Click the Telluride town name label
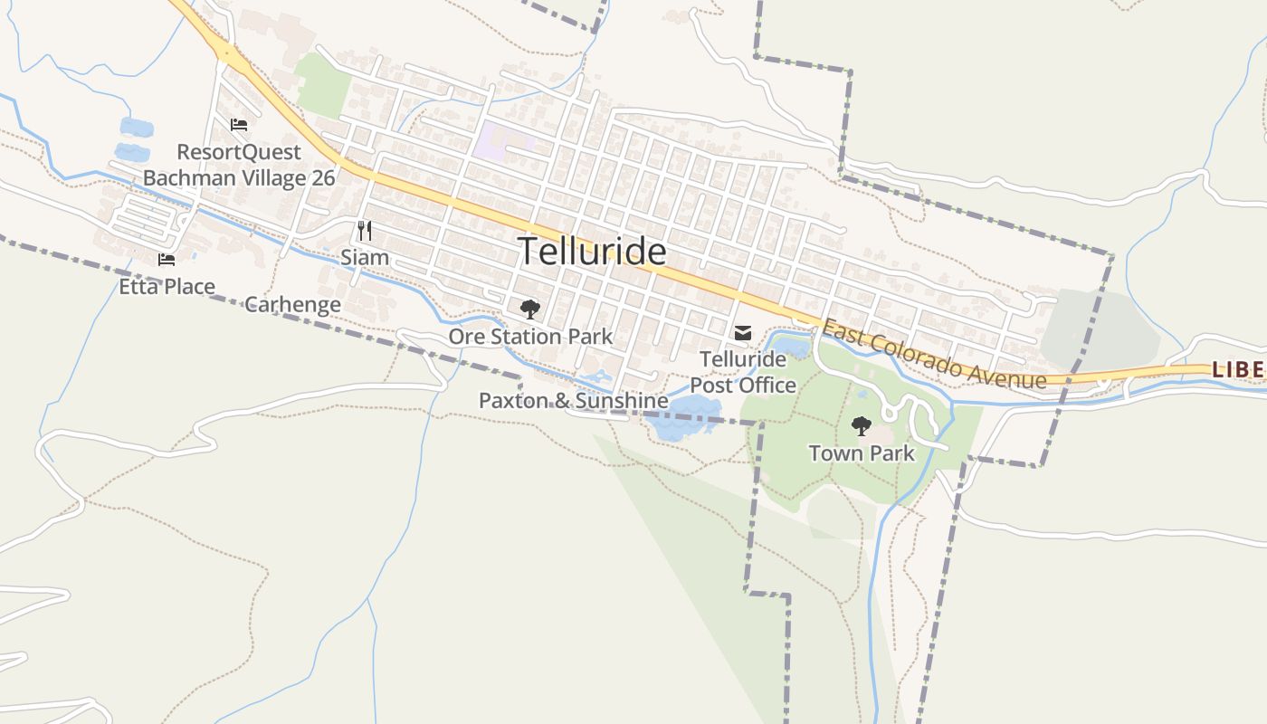592,251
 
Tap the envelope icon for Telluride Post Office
743,333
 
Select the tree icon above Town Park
861,425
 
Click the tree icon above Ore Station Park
530,310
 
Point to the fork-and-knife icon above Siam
364,231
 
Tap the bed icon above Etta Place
167,260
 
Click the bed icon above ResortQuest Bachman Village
239,124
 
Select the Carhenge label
292,304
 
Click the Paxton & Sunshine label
573,400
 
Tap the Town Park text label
862,452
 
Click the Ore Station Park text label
530,337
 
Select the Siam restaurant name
365,257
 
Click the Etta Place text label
167,287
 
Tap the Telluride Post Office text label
743,372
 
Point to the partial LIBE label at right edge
1237,369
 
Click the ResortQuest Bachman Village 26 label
239,165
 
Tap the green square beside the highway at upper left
323,86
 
